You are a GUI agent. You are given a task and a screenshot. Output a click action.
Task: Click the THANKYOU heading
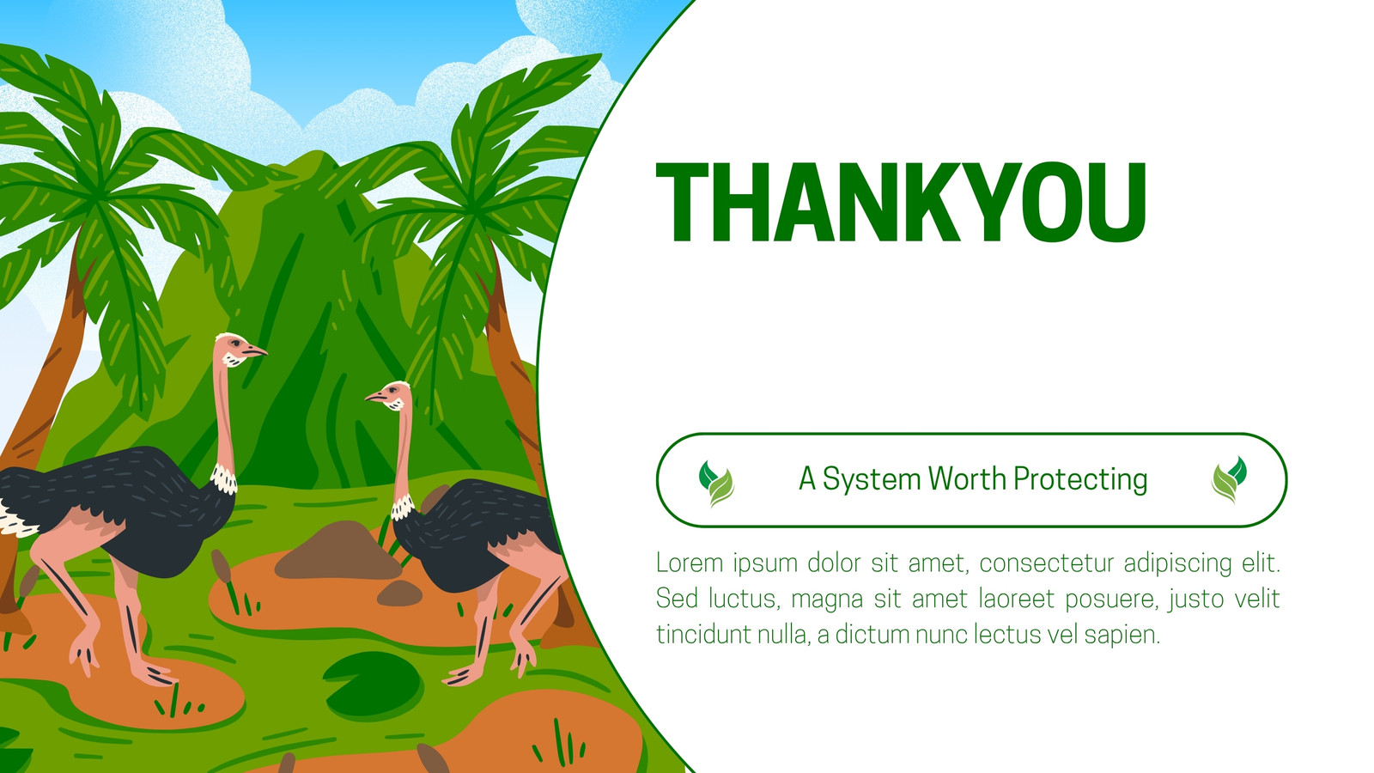tap(901, 203)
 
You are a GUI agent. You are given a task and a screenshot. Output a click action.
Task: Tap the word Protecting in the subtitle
tap(1079, 480)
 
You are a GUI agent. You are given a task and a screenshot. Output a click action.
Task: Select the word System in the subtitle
tap(872, 480)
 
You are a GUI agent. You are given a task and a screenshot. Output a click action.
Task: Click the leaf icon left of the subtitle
tap(716, 484)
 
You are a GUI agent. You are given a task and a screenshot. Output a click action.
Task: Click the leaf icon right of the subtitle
tap(1229, 479)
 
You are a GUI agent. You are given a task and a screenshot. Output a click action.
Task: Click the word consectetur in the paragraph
tap(1047, 563)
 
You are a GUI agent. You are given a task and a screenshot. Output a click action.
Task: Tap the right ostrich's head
tap(390, 396)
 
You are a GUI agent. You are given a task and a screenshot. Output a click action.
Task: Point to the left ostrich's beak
tap(256, 351)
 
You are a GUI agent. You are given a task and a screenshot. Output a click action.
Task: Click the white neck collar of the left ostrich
tap(224, 479)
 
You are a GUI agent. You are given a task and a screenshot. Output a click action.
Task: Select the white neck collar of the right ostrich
tap(403, 508)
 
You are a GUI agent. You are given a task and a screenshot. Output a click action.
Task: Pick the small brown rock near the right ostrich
tap(399, 593)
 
